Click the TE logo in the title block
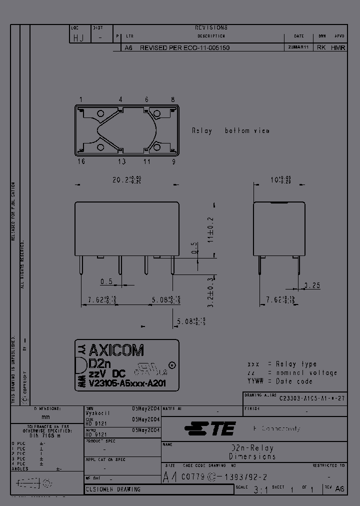point(210,428)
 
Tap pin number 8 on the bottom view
point(173,99)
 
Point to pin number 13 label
point(121,161)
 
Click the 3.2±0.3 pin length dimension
point(211,287)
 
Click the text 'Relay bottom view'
point(230,130)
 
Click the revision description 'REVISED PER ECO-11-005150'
point(184,47)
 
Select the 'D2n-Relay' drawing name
point(252,448)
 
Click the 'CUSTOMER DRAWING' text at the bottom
point(113,489)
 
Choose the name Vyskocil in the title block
point(98,413)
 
